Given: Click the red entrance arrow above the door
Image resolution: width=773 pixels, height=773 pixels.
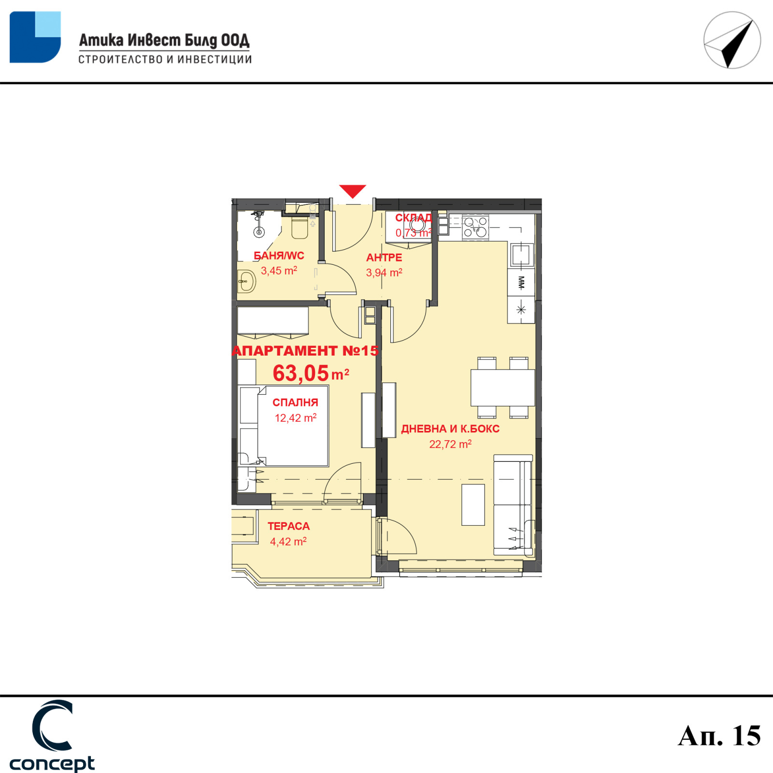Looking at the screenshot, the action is coord(353,191).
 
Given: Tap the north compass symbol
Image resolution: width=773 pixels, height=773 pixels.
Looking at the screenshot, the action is coord(732,40).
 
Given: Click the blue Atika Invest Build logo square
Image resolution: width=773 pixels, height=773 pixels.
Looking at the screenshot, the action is coord(35,37).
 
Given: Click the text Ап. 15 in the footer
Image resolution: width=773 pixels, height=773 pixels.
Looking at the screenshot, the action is coord(719,736).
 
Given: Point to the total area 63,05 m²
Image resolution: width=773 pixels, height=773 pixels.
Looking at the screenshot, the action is coord(311,373).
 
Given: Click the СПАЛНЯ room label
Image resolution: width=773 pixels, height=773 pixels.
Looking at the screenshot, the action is coord(295,402).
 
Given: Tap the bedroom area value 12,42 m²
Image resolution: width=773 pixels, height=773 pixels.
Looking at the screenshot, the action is coord(296,418).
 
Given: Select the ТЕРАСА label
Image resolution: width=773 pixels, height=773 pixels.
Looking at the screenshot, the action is coord(288,526).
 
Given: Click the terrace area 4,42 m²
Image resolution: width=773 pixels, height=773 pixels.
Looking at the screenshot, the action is coord(288,542).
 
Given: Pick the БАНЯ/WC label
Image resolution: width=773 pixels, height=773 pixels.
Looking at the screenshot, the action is coord(279,256).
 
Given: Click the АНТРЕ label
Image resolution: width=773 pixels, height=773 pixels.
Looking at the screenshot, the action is coord(384,258).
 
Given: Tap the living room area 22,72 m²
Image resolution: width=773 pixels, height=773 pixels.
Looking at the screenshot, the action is coord(450,444).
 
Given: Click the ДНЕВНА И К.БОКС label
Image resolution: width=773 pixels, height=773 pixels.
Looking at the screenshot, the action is coord(450,429).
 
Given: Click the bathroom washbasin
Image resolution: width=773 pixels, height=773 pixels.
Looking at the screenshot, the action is coord(247,281).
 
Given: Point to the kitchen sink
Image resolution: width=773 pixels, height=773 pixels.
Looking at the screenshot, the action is coord(521,255).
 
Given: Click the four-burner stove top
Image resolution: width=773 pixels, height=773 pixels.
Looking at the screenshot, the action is coord(475,227).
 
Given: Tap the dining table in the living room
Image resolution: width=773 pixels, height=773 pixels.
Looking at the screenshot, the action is coord(502,387).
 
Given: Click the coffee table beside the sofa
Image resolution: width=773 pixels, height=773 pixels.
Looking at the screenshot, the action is coord(473,505).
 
